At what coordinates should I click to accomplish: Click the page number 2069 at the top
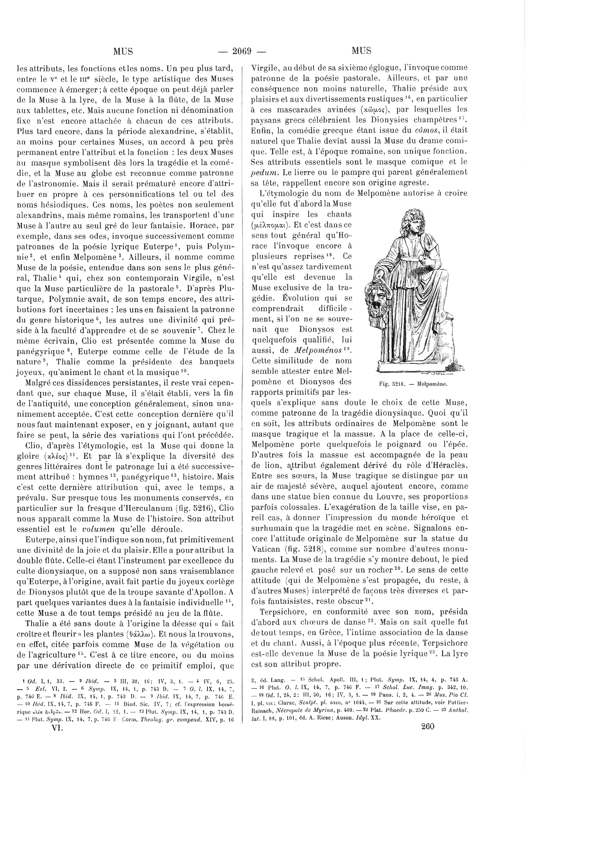(x=242, y=51)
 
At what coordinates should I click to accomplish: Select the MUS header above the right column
(x=362, y=51)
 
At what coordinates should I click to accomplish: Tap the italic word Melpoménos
(x=318, y=350)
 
